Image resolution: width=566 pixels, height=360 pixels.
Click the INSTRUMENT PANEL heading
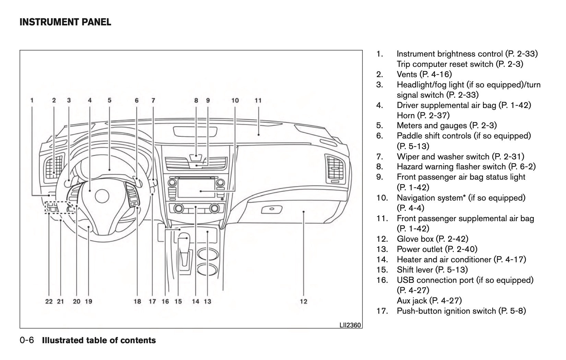(x=66, y=23)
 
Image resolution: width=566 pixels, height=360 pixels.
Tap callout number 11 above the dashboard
(x=258, y=100)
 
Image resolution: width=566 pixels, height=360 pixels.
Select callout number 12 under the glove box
(x=304, y=301)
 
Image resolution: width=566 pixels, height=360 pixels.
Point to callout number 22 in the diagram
(x=49, y=301)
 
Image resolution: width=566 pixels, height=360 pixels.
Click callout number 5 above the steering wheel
(x=109, y=100)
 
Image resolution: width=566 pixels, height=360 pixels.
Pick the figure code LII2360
(x=350, y=325)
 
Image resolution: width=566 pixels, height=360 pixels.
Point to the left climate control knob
(x=178, y=208)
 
